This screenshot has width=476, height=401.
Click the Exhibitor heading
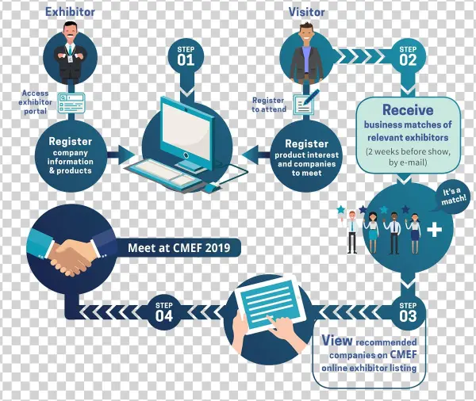pos(70,12)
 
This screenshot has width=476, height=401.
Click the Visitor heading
pos(305,12)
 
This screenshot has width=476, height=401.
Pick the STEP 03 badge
pos(408,311)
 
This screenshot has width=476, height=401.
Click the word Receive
pos(408,110)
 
